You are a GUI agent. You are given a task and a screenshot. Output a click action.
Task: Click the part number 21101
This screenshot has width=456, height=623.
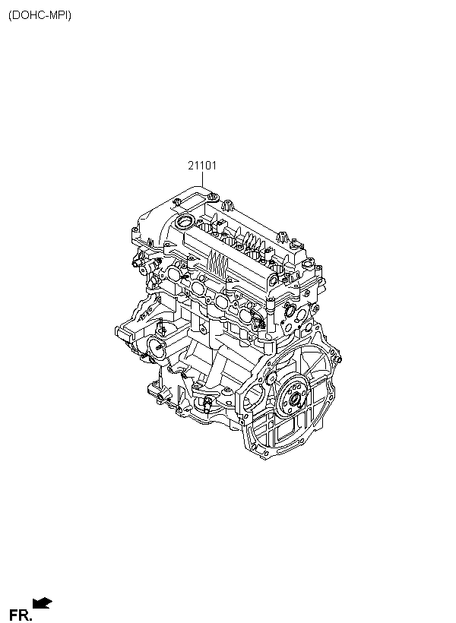[x=202, y=166]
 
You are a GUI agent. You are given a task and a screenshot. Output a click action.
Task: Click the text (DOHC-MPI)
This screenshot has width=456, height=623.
[x=40, y=15]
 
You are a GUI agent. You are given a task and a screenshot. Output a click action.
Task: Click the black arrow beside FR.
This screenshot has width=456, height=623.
[x=42, y=602]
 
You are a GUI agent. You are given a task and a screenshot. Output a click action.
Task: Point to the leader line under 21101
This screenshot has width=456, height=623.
[x=202, y=179]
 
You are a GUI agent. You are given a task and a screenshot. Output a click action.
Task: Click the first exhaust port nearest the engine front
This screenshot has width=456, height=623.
[x=174, y=274]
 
